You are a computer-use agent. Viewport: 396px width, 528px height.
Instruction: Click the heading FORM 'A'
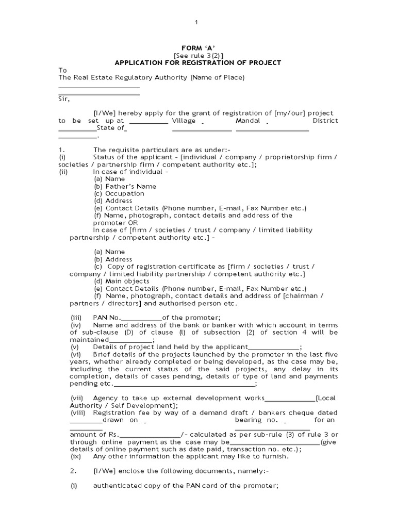pyautogui.click(x=198, y=48)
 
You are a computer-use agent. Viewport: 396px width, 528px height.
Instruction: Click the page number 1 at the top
pyautogui.click(x=196, y=22)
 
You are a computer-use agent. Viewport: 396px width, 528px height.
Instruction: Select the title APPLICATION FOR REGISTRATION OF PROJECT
pyautogui.click(x=198, y=63)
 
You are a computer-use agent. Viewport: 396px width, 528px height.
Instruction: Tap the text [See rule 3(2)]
pyautogui.click(x=198, y=56)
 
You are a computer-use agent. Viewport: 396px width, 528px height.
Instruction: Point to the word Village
pyautogui.click(x=184, y=121)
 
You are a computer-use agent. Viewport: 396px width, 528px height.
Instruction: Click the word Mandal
pyautogui.click(x=248, y=121)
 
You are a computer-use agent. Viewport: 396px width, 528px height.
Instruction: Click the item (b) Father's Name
pyautogui.click(x=125, y=186)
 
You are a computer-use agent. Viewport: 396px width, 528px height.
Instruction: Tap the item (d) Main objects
pyautogui.click(x=122, y=282)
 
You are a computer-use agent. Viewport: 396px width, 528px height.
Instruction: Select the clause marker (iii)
pyautogui.click(x=76, y=318)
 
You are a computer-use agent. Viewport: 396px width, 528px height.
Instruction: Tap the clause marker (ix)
pyautogui.click(x=76, y=456)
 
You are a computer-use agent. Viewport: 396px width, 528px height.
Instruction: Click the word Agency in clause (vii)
pyautogui.click(x=106, y=398)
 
